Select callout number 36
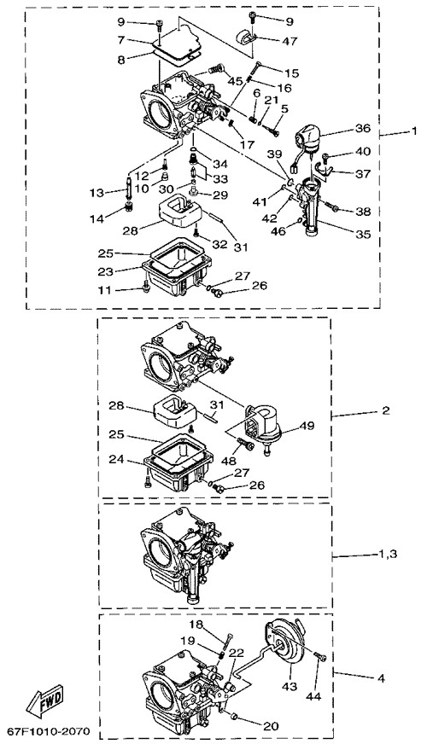(362, 129)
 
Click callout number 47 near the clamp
(290, 41)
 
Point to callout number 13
(97, 193)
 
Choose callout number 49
(307, 426)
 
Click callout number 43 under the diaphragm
(290, 686)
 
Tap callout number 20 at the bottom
(272, 726)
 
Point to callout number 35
(363, 235)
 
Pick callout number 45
(236, 81)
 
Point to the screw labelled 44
(321, 657)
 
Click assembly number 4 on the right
(381, 679)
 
